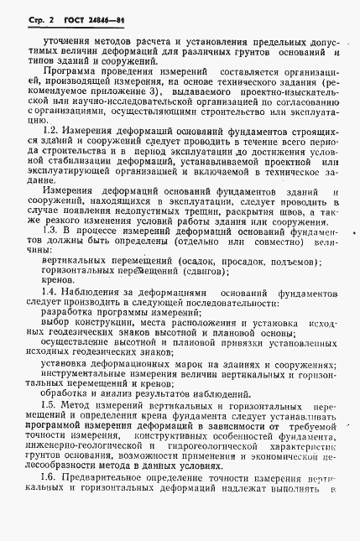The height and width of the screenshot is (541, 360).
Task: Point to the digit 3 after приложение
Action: coord(216,87)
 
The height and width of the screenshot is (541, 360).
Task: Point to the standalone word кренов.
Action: coord(55,284)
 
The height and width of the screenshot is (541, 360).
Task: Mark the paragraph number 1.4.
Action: coord(50,295)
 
